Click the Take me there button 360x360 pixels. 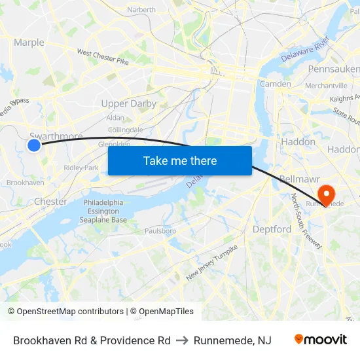[x=180, y=160]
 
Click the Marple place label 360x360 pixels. [x=29, y=43]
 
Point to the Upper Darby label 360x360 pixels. [x=129, y=103]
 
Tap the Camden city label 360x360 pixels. [x=275, y=84]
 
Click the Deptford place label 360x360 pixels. [x=272, y=229]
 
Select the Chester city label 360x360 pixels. [x=50, y=202]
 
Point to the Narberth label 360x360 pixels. [x=141, y=10]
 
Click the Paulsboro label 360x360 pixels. [x=160, y=230]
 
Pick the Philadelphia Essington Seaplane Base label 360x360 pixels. [x=105, y=211]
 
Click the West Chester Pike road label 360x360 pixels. [x=103, y=56]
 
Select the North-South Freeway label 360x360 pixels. [x=306, y=221]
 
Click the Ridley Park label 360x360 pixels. [x=81, y=168]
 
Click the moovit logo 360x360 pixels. [x=320, y=340]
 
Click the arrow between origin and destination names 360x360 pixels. [x=183, y=340]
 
